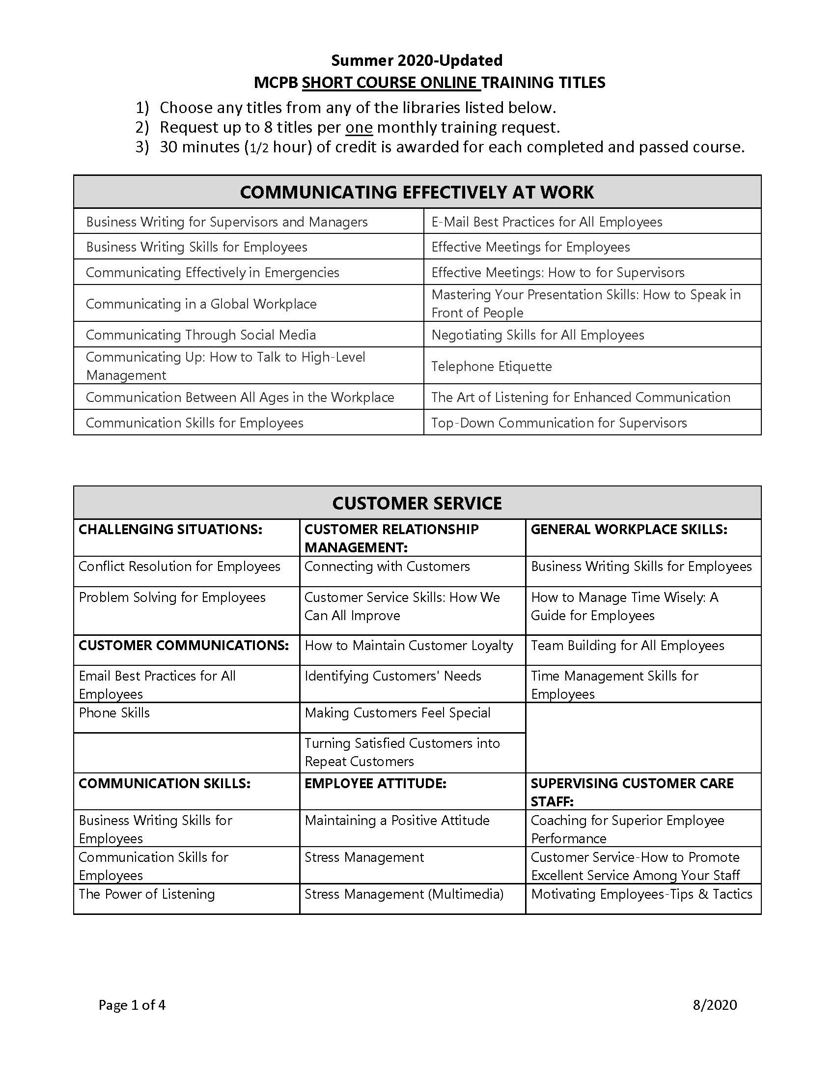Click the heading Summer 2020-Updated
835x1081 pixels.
pyautogui.click(x=417, y=60)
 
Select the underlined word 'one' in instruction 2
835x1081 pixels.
pyautogui.click(x=359, y=128)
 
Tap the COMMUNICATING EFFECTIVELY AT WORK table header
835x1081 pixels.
pyautogui.click(x=417, y=192)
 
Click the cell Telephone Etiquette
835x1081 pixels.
pyautogui.click(x=491, y=366)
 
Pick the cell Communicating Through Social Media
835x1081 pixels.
pyautogui.click(x=200, y=335)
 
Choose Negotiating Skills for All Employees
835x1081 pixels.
pyautogui.click(x=537, y=335)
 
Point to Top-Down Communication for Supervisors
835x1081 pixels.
pyautogui.click(x=558, y=423)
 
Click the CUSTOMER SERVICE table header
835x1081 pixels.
pyautogui.click(x=417, y=503)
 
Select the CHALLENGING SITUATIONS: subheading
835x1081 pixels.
pyautogui.click(x=169, y=530)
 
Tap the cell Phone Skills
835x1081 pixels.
pyautogui.click(x=114, y=713)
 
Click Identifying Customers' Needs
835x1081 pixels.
pyautogui.click(x=393, y=676)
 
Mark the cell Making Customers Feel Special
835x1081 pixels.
pyautogui.click(x=397, y=713)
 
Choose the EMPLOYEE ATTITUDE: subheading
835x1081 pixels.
pyautogui.click(x=375, y=784)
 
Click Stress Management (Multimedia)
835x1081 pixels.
pyautogui.click(x=404, y=894)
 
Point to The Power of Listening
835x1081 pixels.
pyautogui.click(x=146, y=894)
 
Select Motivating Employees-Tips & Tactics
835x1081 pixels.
pyautogui.click(x=641, y=894)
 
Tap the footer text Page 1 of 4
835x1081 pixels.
pyautogui.click(x=132, y=1005)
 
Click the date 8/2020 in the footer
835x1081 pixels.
pyautogui.click(x=714, y=1005)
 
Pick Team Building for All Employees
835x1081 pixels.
pyautogui.click(x=627, y=646)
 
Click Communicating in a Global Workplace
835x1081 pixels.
pyautogui.click(x=201, y=304)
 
